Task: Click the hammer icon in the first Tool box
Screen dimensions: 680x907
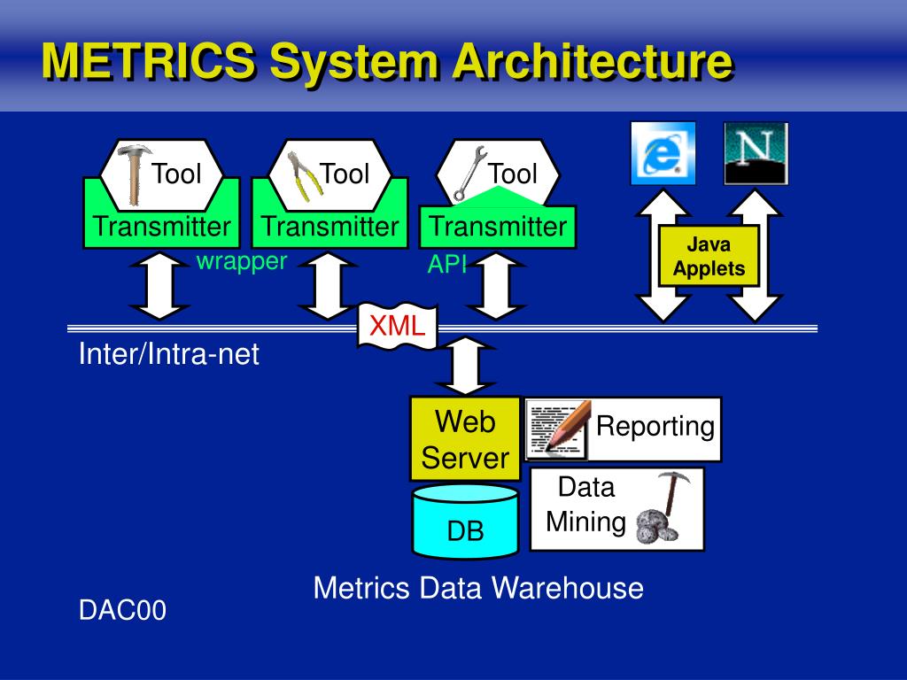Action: (x=134, y=174)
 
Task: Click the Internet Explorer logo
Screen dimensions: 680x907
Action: (x=663, y=153)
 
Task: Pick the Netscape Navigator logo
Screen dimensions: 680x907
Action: (x=755, y=153)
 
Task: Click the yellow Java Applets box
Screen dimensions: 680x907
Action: (x=709, y=256)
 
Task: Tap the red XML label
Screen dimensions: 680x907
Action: (x=397, y=325)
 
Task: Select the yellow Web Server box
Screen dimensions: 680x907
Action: (x=465, y=439)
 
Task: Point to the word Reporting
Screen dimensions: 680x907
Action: (x=655, y=426)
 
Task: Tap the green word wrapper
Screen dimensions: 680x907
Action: (x=242, y=260)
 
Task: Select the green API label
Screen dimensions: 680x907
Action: (x=447, y=264)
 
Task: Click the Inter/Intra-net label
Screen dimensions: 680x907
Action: (x=169, y=355)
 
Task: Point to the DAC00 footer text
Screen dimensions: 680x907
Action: (x=122, y=610)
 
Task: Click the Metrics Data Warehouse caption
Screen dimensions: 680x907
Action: (x=478, y=588)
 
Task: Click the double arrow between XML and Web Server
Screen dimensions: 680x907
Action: (x=464, y=365)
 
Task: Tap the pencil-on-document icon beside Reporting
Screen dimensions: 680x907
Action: (x=558, y=429)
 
